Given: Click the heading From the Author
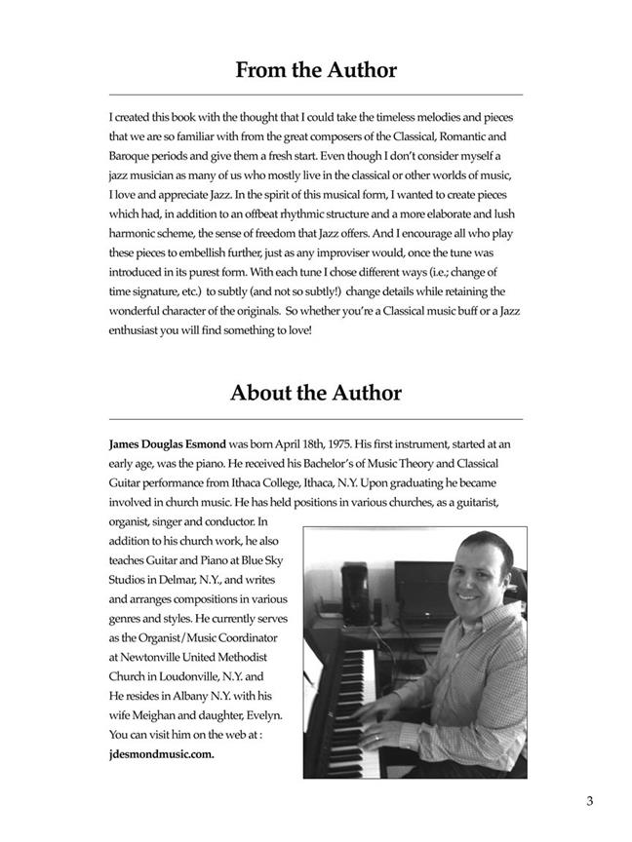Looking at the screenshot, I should pyautogui.click(x=316, y=70).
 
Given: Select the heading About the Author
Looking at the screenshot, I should pyautogui.click(x=316, y=393).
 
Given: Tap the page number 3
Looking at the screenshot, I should pyautogui.click(x=590, y=801).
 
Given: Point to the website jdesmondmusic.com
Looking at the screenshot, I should pyautogui.click(x=162, y=754).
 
